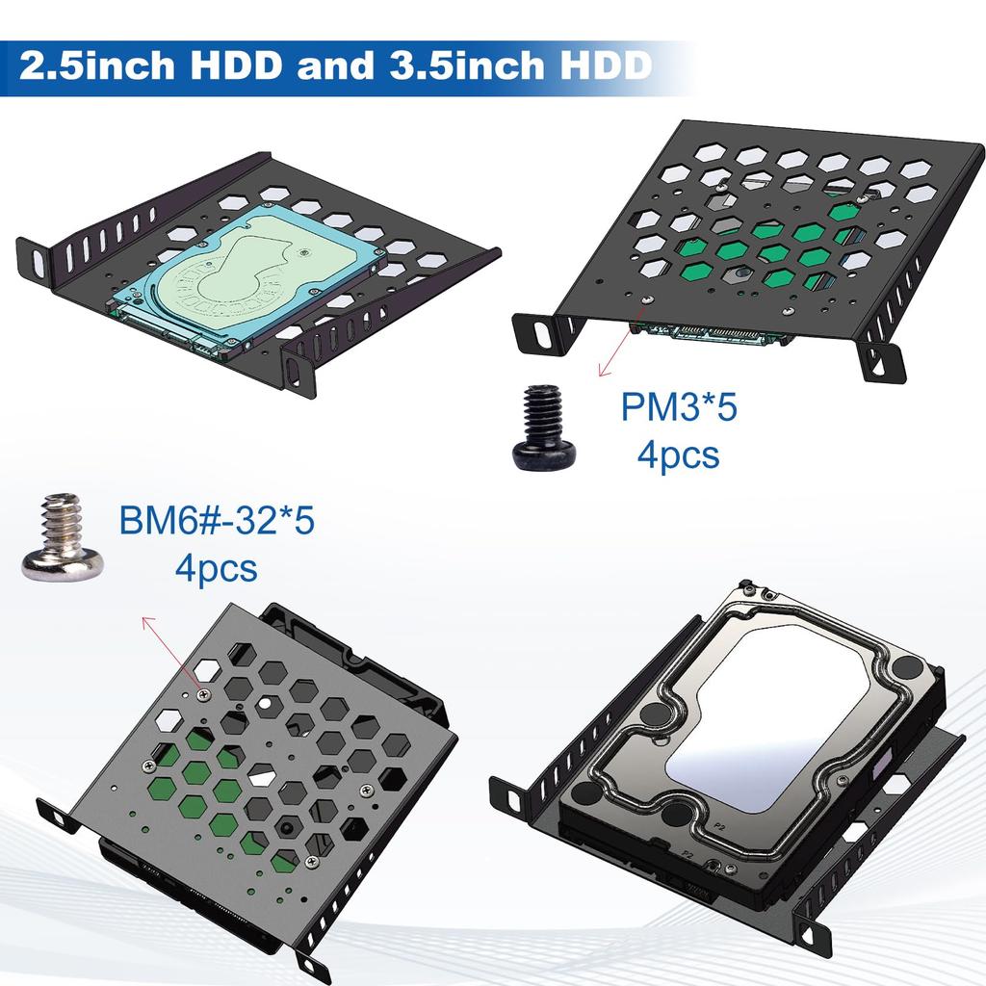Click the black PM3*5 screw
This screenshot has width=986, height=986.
[x=544, y=428]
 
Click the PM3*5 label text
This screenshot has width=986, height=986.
[x=678, y=407]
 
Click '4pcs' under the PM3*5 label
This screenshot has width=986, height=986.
[x=678, y=454]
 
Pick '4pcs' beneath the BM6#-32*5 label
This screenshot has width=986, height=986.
[x=216, y=567]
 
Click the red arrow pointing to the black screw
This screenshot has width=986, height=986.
[x=616, y=351]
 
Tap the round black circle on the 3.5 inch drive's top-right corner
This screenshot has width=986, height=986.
[x=906, y=667]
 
